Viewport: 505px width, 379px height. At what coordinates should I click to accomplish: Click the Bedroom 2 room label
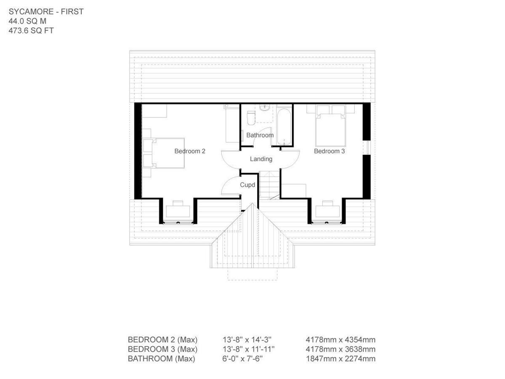190,151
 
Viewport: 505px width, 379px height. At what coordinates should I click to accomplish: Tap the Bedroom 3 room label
330,151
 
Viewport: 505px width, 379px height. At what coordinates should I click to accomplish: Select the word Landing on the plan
261,159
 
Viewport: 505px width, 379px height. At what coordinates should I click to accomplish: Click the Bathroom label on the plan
260,135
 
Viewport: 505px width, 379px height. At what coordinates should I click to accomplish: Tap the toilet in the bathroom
251,118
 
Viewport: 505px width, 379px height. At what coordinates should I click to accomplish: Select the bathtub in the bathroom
284,125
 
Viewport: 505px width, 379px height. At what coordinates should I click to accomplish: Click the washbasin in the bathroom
265,109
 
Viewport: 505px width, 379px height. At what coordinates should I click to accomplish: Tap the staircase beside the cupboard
268,185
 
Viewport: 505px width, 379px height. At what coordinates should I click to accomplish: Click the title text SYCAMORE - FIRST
46,12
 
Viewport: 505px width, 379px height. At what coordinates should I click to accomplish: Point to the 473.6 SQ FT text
31,31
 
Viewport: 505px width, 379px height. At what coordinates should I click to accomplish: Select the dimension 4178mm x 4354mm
340,340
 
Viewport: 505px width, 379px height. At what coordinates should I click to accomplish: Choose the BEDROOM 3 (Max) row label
162,349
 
